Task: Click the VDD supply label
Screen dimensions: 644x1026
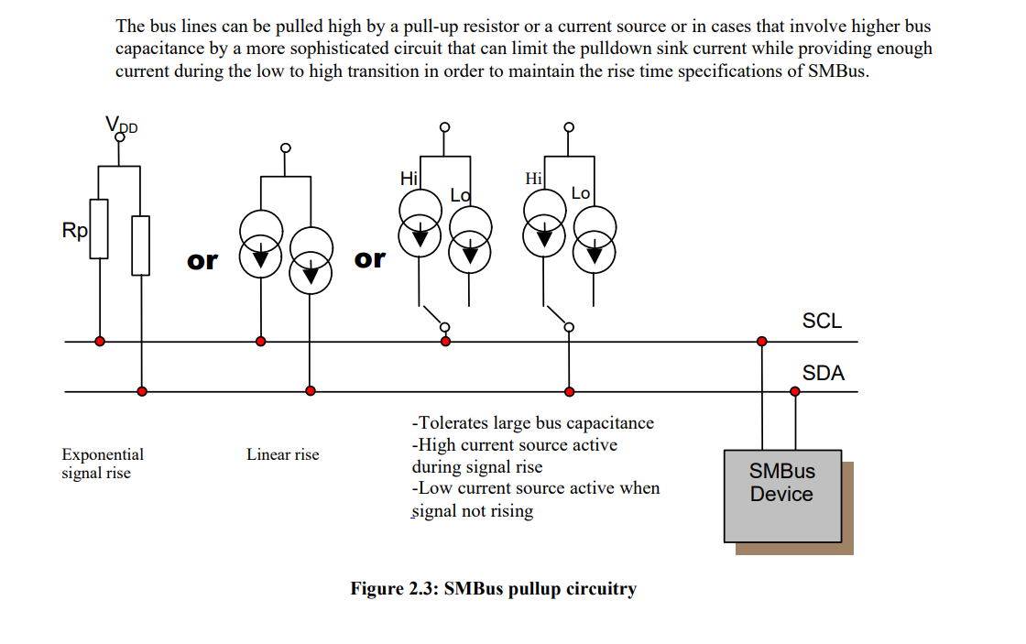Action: [121, 125]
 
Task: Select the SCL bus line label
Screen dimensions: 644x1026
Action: [822, 321]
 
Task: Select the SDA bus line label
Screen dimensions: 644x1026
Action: [823, 373]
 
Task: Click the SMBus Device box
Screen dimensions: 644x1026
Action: [782, 495]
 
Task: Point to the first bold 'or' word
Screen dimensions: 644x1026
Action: [202, 261]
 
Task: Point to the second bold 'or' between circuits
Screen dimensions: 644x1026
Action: [369, 259]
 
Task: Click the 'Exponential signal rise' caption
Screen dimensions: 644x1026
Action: [102, 464]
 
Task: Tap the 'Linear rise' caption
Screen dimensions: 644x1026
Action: [282, 454]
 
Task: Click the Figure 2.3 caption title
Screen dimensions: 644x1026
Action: [493, 589]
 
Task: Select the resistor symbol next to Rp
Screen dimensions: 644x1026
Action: [98, 228]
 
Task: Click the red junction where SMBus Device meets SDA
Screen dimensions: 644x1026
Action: [794, 391]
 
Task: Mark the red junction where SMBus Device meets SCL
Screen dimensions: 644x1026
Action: [761, 342]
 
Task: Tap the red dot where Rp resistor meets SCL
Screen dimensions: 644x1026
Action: [99, 342]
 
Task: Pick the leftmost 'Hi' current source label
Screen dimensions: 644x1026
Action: [409, 179]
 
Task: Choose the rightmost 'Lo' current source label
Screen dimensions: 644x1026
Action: [581, 192]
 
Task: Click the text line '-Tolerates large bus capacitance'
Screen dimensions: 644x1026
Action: [533, 423]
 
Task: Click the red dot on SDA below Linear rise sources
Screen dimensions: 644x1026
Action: [311, 391]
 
